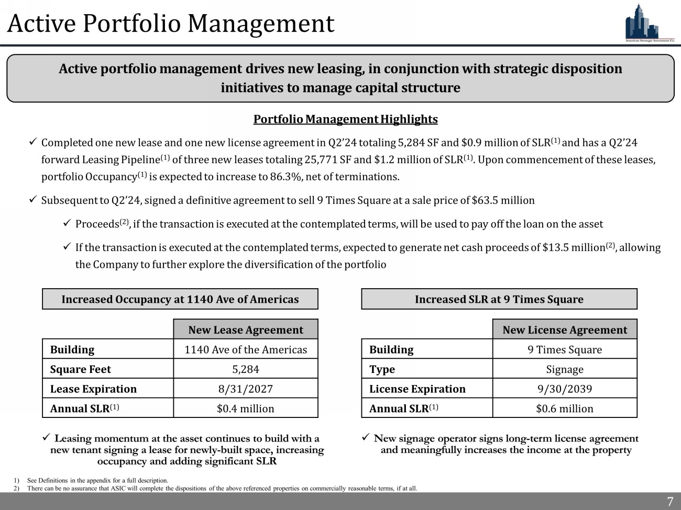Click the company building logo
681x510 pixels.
click(x=649, y=22)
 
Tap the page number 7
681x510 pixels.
click(x=670, y=502)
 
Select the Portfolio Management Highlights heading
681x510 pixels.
click(x=345, y=119)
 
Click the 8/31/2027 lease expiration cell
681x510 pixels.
click(x=245, y=389)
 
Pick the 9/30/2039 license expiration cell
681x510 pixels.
click(x=564, y=389)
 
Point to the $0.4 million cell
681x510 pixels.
click(x=245, y=409)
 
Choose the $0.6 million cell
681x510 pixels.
click(x=564, y=409)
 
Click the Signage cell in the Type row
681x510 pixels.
click(x=564, y=369)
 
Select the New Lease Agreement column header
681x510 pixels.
click(x=245, y=330)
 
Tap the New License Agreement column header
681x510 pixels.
click(x=564, y=330)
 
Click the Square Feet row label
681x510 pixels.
click(x=81, y=369)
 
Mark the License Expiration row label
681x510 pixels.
click(x=417, y=389)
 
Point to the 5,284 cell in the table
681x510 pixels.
click(x=245, y=369)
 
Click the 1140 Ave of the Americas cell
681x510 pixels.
click(x=245, y=349)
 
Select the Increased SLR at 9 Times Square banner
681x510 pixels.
click(x=499, y=299)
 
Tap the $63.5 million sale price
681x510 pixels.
click(x=503, y=200)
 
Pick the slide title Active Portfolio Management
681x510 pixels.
click(x=171, y=24)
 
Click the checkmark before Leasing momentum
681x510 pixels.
click(x=46, y=438)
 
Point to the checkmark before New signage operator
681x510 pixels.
click(x=366, y=438)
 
